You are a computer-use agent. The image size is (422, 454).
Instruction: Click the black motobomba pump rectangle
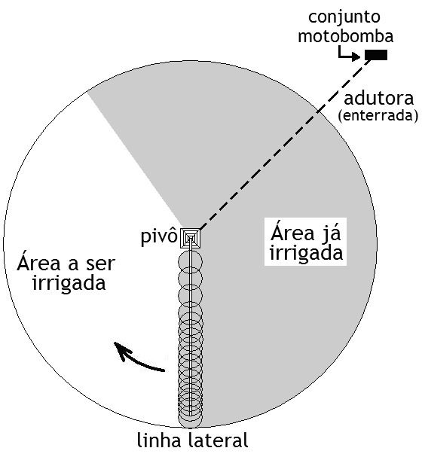pyautogui.click(x=376, y=55)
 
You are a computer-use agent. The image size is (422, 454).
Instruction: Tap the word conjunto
pyautogui.click(x=344, y=17)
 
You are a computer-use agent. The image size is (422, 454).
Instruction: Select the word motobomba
pyautogui.click(x=345, y=36)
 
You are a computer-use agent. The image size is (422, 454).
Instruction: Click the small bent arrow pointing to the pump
pyautogui.click(x=349, y=54)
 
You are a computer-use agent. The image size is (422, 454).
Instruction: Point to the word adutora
pyautogui.click(x=378, y=99)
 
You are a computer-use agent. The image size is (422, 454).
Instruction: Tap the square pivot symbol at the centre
pyautogui.click(x=190, y=238)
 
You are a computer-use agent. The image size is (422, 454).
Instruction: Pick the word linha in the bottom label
pyautogui.click(x=159, y=440)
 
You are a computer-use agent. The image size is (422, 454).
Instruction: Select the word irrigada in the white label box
pyautogui.click(x=307, y=253)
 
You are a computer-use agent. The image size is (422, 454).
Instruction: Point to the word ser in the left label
pyautogui.click(x=100, y=264)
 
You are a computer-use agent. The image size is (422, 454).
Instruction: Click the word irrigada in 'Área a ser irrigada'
pyautogui.click(x=69, y=284)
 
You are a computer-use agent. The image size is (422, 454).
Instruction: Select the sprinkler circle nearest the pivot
pyautogui.click(x=190, y=262)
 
